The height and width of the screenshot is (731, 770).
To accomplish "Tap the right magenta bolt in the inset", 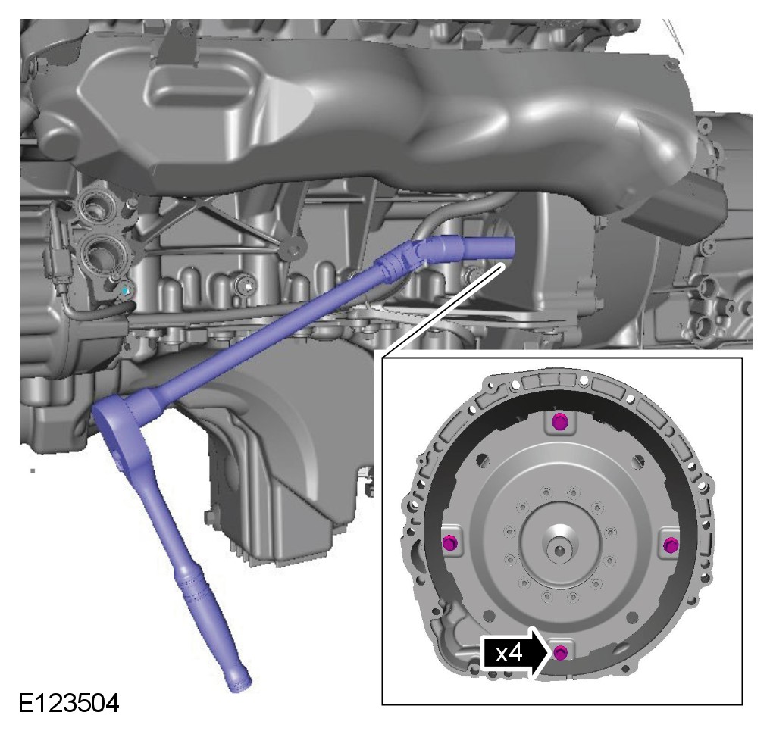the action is (x=671, y=545).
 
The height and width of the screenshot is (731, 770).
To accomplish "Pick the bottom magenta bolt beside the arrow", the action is (x=561, y=653).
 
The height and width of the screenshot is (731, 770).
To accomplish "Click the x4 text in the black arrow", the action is (x=509, y=654).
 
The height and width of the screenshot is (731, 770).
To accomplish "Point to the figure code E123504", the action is (x=69, y=704).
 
